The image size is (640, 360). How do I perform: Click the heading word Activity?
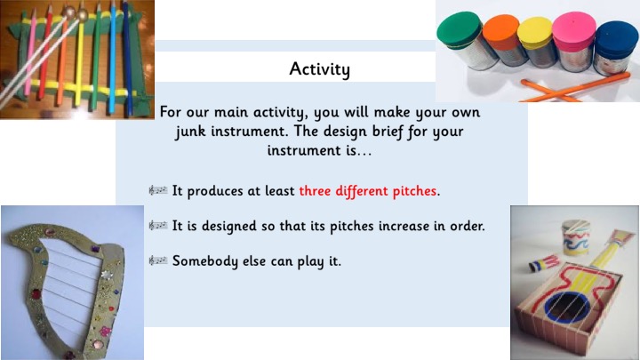click(x=320, y=68)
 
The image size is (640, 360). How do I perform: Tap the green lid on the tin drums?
click(x=460, y=29)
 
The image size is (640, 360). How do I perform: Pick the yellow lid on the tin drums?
click(x=535, y=33)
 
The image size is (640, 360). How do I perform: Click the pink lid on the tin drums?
click(x=574, y=30)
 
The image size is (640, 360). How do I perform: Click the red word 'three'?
click(x=316, y=190)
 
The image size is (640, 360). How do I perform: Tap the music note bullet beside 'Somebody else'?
click(x=158, y=260)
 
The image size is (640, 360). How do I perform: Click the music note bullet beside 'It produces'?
click(x=158, y=190)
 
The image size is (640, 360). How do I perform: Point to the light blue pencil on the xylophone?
click(x=112, y=58)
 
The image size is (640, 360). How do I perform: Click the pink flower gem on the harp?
click(x=105, y=331)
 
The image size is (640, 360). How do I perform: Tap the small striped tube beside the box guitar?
click(x=543, y=263)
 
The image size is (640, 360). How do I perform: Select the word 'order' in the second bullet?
click(x=467, y=226)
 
